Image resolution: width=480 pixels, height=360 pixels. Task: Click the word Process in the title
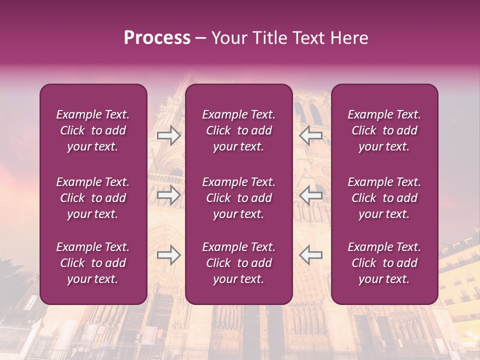pos(157,38)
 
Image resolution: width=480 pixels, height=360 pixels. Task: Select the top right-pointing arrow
pos(169,135)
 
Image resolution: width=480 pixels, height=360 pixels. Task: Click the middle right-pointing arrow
pos(169,195)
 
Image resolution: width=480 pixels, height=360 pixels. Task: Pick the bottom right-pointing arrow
pos(169,255)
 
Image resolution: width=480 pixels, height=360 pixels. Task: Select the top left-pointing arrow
pos(310,135)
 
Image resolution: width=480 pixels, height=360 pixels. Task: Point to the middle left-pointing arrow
pos(310,195)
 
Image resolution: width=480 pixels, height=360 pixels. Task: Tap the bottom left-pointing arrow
pos(310,255)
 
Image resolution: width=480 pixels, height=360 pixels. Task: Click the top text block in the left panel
pos(93,130)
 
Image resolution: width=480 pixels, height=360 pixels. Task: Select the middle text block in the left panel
pos(93,198)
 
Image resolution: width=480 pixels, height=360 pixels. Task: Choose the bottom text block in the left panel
pos(93,263)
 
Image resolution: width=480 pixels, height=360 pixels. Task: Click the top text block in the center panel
pos(238,130)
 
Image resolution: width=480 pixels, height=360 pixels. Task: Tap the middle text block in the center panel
pos(238,198)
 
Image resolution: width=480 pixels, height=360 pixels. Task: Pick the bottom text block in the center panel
pos(238,263)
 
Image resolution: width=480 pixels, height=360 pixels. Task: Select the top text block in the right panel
pos(384,130)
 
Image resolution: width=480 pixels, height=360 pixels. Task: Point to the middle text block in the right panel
pos(384,198)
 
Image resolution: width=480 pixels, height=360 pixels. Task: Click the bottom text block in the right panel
pos(384,263)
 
